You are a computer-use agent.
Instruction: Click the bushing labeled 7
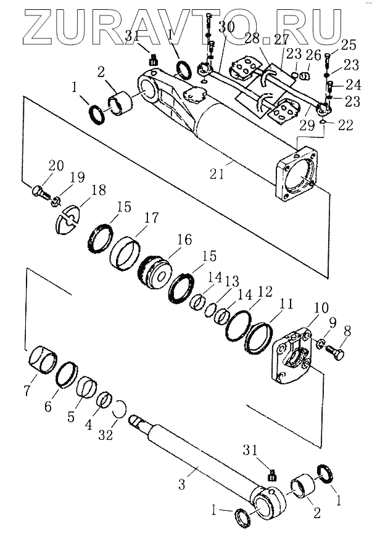click(x=43, y=360)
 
